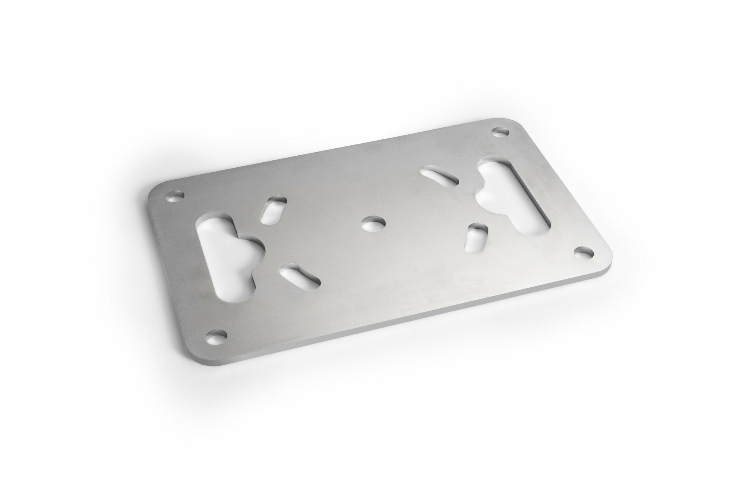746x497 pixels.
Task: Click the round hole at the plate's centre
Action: [x=373, y=224]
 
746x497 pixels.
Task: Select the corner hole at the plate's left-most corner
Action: [x=174, y=196]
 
